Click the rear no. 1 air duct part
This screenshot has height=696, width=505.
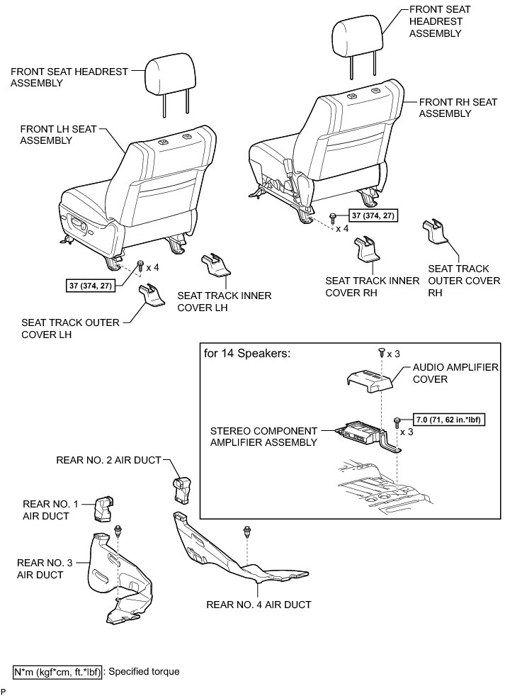click(x=105, y=507)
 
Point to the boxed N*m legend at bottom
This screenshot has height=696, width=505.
click(x=58, y=671)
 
